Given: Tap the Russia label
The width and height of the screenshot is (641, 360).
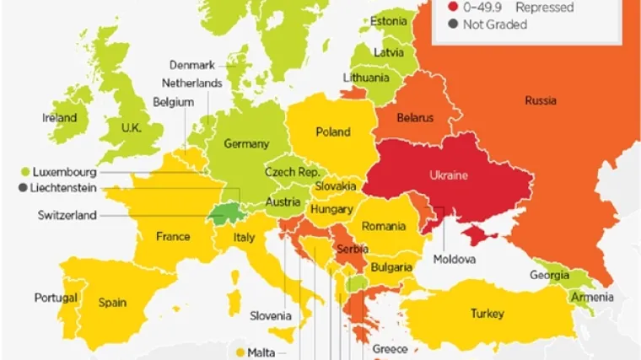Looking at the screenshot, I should click(540, 100).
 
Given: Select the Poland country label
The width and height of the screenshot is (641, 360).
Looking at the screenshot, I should click(333, 132).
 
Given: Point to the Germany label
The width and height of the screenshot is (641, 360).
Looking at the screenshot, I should click(246, 144).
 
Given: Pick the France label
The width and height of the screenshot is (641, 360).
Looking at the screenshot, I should click(172, 237).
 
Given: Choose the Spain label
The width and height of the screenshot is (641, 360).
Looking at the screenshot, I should click(112, 301).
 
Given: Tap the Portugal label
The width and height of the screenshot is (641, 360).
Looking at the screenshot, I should click(56, 298).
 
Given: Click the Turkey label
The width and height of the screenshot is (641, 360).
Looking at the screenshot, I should click(487, 314).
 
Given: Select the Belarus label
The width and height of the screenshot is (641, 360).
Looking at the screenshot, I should click(415, 118).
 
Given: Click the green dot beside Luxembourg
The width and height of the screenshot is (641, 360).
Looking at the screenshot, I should click(26, 172).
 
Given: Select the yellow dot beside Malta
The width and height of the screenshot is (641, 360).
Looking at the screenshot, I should click(240, 352).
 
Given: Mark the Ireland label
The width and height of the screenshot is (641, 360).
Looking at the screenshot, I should click(60, 118).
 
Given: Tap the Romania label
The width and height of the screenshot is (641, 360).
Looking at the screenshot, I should click(384, 226).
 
